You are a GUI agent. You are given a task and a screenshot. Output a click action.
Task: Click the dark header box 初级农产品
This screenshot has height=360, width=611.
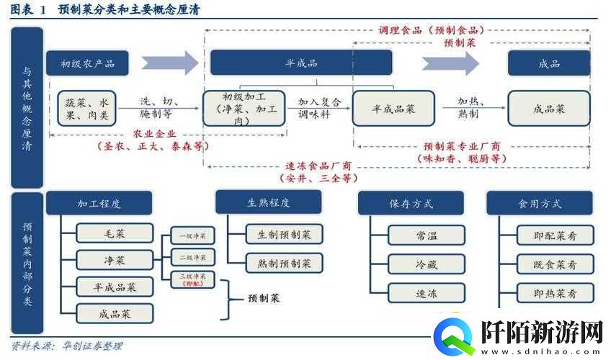pyautogui.click(x=88, y=63)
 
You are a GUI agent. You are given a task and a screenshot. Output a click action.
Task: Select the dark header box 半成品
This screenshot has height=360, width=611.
pyautogui.click(x=300, y=63)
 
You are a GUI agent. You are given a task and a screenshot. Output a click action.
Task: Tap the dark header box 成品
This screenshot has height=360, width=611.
pyautogui.click(x=549, y=63)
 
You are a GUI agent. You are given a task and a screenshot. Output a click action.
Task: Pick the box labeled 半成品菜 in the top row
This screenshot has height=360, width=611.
pyautogui.click(x=393, y=109)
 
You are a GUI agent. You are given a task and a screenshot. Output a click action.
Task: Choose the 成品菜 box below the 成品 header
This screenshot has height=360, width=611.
pyautogui.click(x=549, y=109)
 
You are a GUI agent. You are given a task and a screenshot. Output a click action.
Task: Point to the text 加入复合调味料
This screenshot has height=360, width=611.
pyautogui.click(x=320, y=108)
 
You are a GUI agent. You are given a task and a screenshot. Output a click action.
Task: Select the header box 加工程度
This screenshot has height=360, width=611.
pyautogui.click(x=99, y=203)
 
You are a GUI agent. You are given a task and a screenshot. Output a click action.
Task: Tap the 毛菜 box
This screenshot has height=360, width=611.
pyautogui.click(x=115, y=233)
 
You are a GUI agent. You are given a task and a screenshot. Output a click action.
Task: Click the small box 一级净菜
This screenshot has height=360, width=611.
pyautogui.click(x=193, y=236)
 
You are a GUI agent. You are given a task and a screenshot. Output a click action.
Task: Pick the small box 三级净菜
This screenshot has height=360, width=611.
pyautogui.click(x=193, y=279)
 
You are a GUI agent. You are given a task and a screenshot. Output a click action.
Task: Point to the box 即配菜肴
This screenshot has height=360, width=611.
pyautogui.click(x=555, y=235)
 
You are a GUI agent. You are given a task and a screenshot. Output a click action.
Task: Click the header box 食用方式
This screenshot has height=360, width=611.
pyautogui.click(x=539, y=204)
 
